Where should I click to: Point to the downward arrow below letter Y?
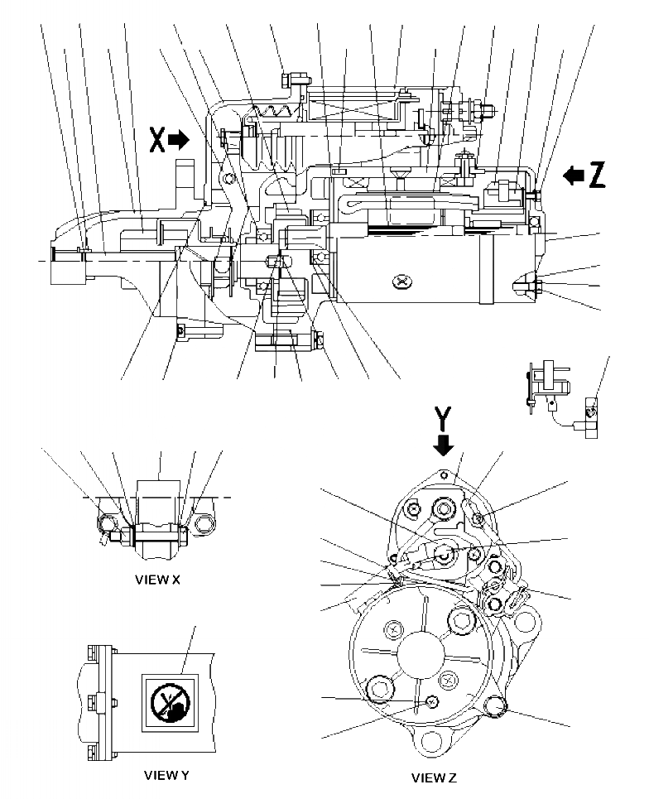[445, 444]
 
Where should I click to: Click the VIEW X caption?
[156, 580]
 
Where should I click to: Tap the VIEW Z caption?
[434, 777]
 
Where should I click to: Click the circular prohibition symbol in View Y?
[171, 703]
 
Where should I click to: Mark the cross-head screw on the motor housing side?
[402, 283]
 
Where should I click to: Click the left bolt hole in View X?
[106, 523]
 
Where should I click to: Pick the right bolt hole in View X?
[204, 523]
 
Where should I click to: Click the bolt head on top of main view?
[288, 79]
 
